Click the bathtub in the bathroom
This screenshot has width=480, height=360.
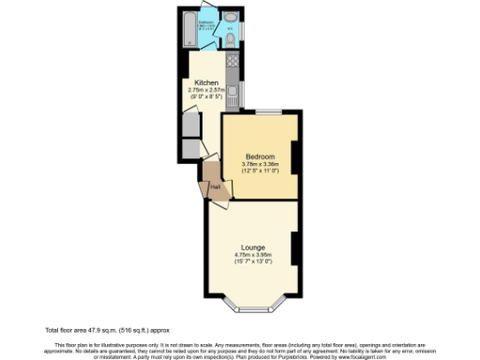(187, 31)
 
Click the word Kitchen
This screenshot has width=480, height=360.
(206, 82)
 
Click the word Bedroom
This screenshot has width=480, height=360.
(259, 157)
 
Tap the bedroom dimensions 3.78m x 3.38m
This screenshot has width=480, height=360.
(259, 164)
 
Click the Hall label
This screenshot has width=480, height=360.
(215, 187)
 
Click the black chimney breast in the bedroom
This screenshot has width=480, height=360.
(295, 157)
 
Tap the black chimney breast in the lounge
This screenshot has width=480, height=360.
(295, 247)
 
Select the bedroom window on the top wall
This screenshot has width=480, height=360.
(268, 112)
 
